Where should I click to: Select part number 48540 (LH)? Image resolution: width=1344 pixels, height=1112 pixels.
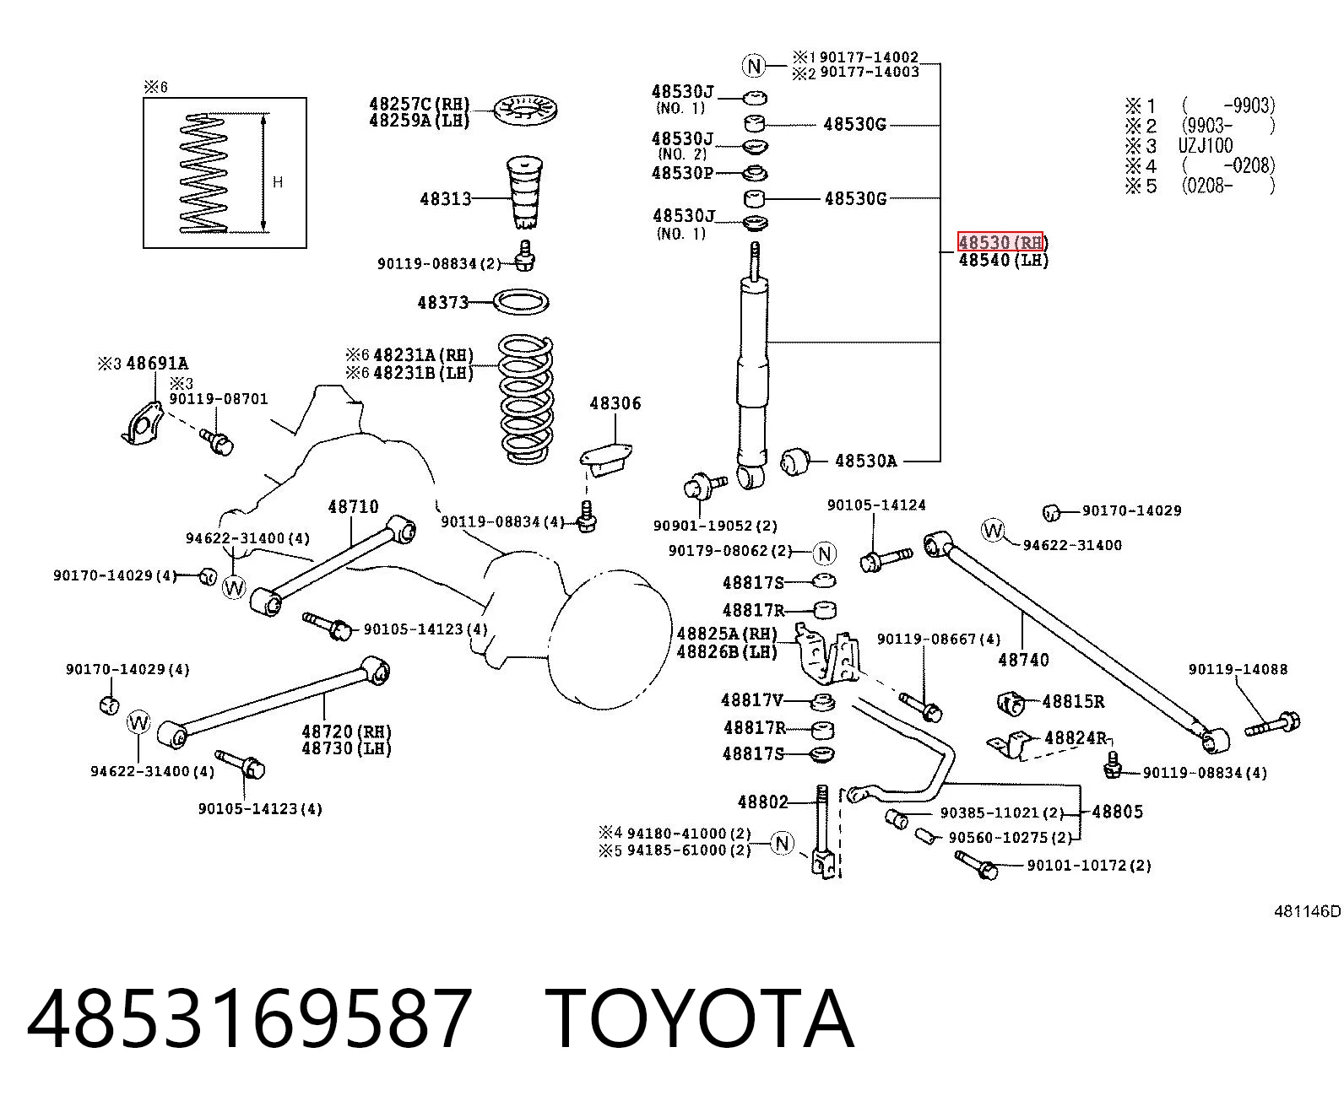pos(1004,261)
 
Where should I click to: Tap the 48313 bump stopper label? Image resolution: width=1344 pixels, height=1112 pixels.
pos(446,199)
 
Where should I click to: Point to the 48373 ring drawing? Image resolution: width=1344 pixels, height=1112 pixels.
pos(521,302)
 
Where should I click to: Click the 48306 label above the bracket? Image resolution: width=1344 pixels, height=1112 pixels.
pos(615,403)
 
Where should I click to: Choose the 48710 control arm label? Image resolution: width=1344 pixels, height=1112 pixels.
pos(354,506)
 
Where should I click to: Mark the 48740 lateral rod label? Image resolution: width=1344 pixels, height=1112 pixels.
pos(1023,660)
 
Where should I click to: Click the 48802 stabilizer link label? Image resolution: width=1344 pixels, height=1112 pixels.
pos(763,802)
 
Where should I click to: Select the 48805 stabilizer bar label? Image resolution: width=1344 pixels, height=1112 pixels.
pos(1118,812)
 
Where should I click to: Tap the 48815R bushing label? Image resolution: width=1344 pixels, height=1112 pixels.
pos(1073,701)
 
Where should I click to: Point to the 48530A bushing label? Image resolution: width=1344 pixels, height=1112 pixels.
pos(865,461)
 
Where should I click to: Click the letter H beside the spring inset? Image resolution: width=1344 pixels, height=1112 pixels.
pos(278,182)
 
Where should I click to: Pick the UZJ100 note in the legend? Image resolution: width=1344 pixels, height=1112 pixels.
pos(1206,145)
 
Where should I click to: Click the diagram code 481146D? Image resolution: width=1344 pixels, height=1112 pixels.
pos(1308,911)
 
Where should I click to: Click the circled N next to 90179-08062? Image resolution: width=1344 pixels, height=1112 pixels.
pos(825,553)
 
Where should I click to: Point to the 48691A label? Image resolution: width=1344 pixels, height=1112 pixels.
pos(157,364)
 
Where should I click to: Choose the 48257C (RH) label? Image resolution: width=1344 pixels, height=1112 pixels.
pos(420,105)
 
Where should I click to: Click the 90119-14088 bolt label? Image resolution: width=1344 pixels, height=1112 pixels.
pos(1238,669)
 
